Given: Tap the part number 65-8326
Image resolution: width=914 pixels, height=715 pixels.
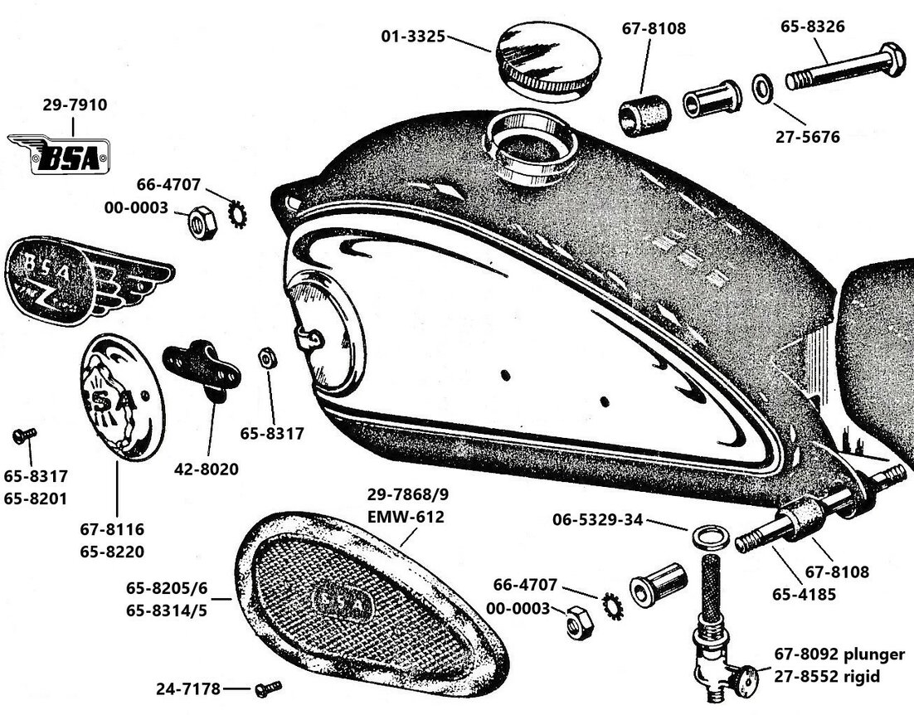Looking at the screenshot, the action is (813, 27).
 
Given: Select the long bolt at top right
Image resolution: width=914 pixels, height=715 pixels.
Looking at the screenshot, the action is (845, 66).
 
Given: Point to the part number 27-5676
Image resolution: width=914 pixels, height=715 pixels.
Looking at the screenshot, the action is (807, 137).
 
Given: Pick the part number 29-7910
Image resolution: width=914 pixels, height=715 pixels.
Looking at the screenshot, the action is (75, 105).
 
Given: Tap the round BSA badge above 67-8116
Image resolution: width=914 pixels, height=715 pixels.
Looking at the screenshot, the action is (122, 399).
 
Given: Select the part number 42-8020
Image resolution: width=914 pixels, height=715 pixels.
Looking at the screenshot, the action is (207, 469).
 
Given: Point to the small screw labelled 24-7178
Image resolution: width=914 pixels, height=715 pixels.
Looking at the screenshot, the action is (268, 688).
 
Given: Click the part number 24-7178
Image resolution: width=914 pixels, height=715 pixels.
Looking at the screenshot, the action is (188, 689).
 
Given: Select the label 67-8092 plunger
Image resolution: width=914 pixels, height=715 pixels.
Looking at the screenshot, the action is (839, 654).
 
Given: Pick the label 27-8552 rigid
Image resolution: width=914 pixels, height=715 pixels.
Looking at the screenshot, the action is (827, 677).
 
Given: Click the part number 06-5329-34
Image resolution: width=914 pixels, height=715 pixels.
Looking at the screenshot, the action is (597, 519).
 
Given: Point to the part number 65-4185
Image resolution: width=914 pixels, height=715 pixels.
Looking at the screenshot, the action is (804, 595).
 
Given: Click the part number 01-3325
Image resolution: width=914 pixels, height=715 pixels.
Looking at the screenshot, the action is (413, 36).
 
